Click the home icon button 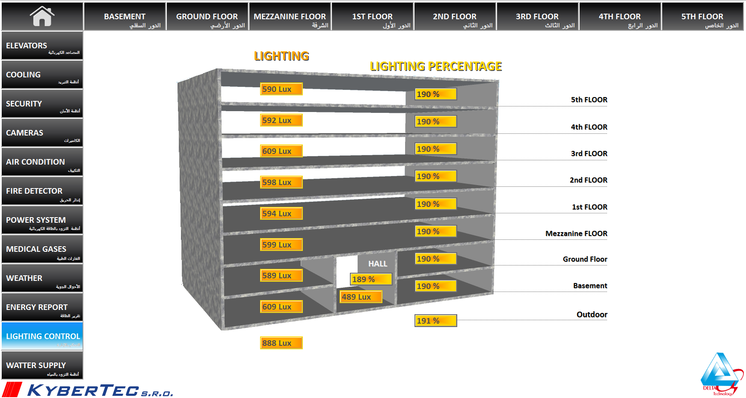pyautogui.click(x=42, y=16)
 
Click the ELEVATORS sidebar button pyautogui.click(x=42, y=46)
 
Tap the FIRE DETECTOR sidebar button pyautogui.click(x=42, y=191)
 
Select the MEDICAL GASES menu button pyautogui.click(x=42, y=249)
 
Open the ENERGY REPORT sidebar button pyautogui.click(x=42, y=307)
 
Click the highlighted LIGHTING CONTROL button pyautogui.click(x=42, y=336)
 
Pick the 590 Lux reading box pyautogui.click(x=281, y=89)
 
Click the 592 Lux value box pyautogui.click(x=281, y=121)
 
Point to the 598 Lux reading pyautogui.click(x=281, y=183)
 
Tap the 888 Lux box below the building pyautogui.click(x=281, y=343)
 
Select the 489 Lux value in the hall pyautogui.click(x=361, y=297)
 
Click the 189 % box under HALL pyautogui.click(x=371, y=280)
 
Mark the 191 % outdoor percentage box pyautogui.click(x=435, y=321)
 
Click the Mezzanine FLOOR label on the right pyautogui.click(x=576, y=233)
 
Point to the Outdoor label pyautogui.click(x=592, y=315)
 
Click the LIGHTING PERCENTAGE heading pyautogui.click(x=435, y=67)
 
